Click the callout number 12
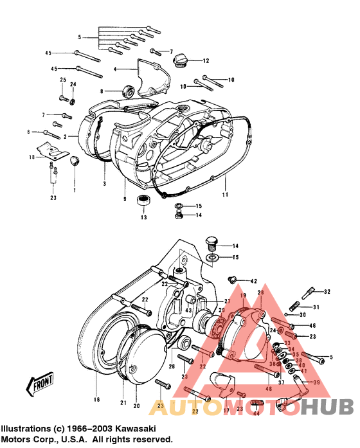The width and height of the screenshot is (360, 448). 206,61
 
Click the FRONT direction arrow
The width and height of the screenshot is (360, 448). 39,385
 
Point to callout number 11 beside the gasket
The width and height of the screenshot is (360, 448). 225,194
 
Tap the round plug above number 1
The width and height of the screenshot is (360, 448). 74,160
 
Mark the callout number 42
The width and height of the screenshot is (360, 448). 253,282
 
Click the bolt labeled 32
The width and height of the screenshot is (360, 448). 311,292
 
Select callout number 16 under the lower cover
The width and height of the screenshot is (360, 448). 97,399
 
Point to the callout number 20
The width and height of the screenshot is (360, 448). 136,406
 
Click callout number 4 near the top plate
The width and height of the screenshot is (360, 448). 114,68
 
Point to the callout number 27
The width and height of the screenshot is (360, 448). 227,301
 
